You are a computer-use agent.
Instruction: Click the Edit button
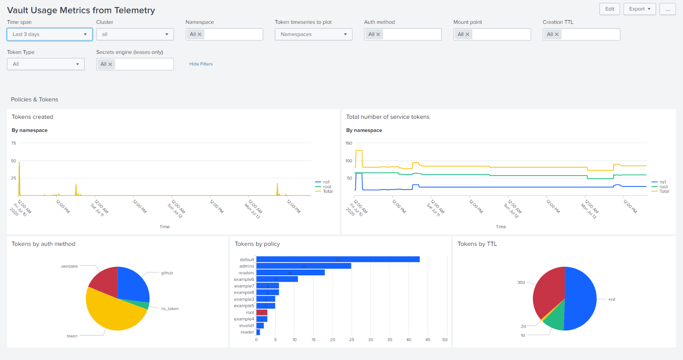[609, 9]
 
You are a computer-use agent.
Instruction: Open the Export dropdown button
[639, 9]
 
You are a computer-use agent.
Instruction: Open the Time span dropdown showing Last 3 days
[50, 34]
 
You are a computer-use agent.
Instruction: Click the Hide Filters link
[201, 64]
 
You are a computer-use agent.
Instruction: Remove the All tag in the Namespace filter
[200, 34]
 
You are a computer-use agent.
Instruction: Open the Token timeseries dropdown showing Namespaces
[313, 34]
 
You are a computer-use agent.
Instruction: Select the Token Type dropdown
[45, 64]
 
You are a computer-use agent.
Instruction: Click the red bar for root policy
[262, 313]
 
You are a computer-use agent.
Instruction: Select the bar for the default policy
[338, 260]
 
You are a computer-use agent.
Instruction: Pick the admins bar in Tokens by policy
[303, 266]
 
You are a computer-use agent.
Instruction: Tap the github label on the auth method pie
[167, 273]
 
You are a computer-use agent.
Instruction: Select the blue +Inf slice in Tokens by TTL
[581, 297]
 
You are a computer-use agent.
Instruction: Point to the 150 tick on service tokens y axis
[349, 143]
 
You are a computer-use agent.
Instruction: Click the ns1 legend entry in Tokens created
[326, 182]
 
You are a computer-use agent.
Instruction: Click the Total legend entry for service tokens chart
[664, 191]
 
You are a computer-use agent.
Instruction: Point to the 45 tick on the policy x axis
[428, 340]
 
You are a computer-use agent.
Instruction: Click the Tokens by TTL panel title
[477, 244]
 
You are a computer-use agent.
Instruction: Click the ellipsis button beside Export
[667, 9]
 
